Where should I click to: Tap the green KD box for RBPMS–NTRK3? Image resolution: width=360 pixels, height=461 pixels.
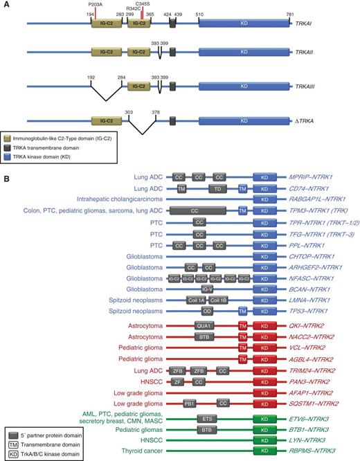tap(264, 451)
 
